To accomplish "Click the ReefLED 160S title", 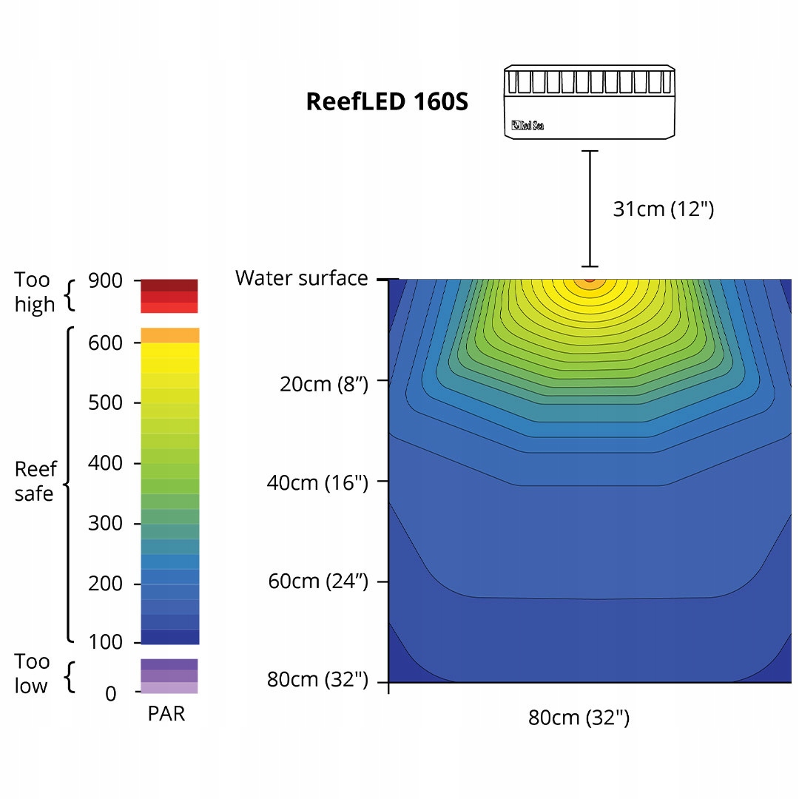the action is tap(387, 101).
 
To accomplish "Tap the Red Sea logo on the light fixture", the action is tap(527, 125).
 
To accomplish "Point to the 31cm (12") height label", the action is tap(664, 209).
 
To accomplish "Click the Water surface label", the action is tap(301, 278).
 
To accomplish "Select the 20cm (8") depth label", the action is tap(323, 384).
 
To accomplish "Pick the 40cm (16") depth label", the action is tap(317, 482).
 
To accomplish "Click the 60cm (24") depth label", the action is tap(318, 581).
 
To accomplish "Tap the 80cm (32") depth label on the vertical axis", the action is tap(317, 679).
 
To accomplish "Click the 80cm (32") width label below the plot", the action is tap(579, 718).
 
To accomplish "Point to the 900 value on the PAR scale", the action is tap(105, 280).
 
